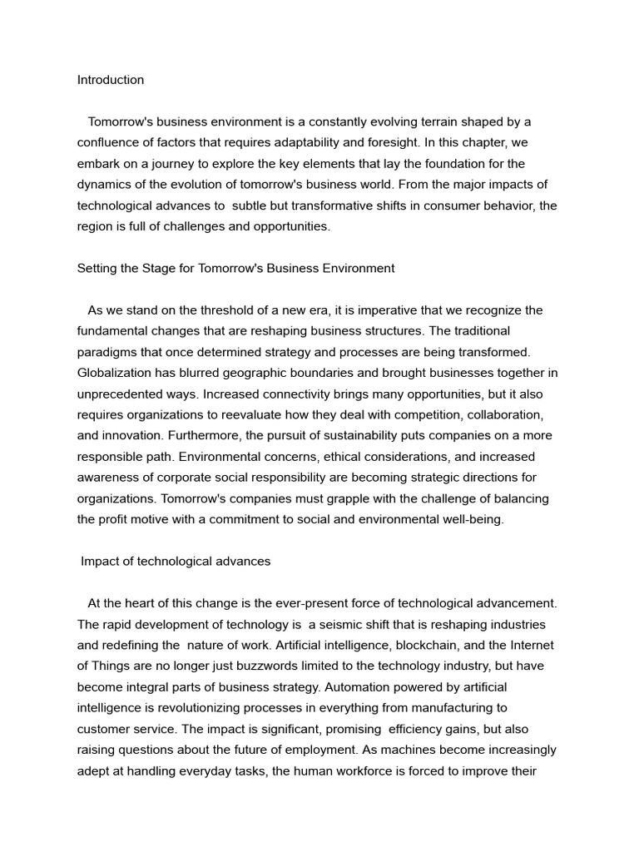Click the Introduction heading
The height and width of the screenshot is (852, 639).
click(111, 80)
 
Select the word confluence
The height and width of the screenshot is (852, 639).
click(111, 142)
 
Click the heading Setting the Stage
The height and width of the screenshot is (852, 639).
click(235, 268)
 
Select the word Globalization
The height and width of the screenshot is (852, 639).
click(116, 373)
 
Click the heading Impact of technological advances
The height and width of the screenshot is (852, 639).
click(176, 561)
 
